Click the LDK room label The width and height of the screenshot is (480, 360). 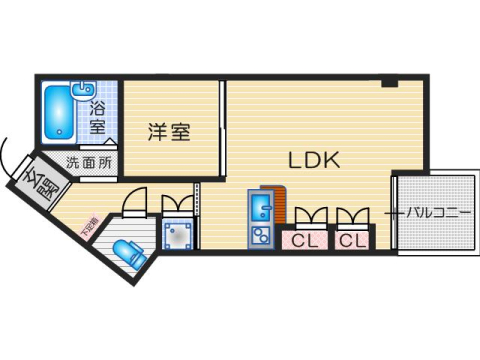tap(315, 159)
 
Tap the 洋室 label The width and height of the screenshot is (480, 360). tap(170, 133)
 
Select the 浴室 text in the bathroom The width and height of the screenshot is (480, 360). tap(98, 116)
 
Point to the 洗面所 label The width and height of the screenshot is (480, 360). tap(89, 162)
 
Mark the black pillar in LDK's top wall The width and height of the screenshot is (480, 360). tap(388, 81)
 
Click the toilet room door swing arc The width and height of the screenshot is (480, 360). tap(132, 202)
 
